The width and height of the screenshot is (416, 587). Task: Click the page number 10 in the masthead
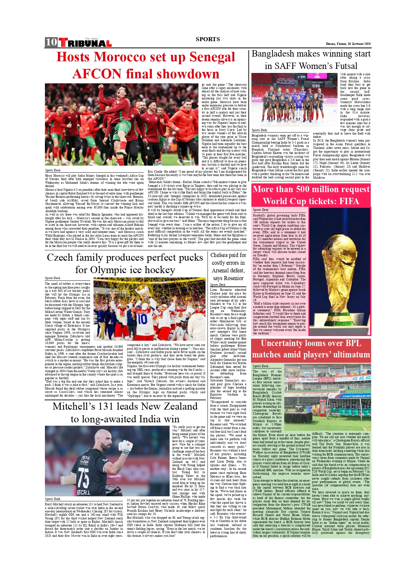click(x=51, y=42)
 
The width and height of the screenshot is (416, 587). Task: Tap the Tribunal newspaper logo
click(x=85, y=43)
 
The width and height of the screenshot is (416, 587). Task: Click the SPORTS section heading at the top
click(x=208, y=39)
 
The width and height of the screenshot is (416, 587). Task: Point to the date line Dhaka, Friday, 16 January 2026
click(x=348, y=44)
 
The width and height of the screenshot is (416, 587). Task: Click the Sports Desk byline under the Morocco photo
click(x=53, y=170)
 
